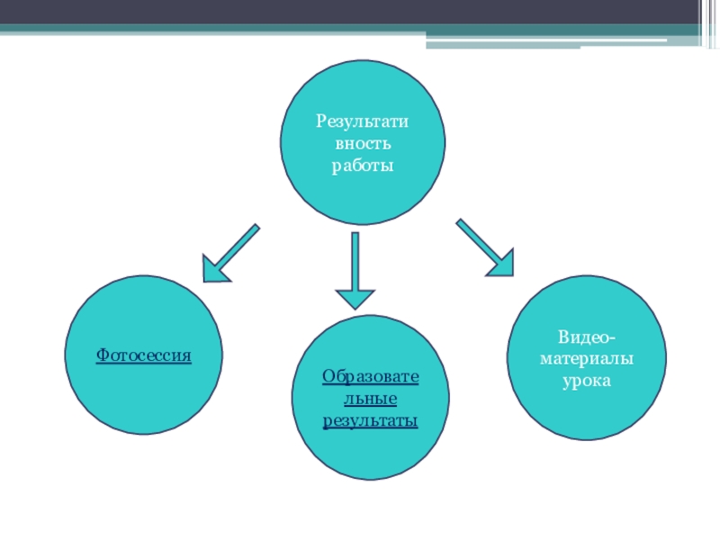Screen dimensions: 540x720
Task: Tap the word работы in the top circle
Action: (363, 166)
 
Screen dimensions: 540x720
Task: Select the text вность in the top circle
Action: (363, 144)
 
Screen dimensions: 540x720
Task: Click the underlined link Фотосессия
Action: (144, 355)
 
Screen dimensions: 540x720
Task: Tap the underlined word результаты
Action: (371, 420)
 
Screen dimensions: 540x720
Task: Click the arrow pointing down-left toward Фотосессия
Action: (231, 252)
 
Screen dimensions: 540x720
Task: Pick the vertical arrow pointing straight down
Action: (356, 270)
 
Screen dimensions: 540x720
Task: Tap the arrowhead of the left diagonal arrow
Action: (213, 269)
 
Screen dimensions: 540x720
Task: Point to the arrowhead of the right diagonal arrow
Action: (500, 262)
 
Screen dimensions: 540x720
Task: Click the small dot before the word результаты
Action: (325, 429)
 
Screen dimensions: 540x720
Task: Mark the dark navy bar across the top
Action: (360, 12)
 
